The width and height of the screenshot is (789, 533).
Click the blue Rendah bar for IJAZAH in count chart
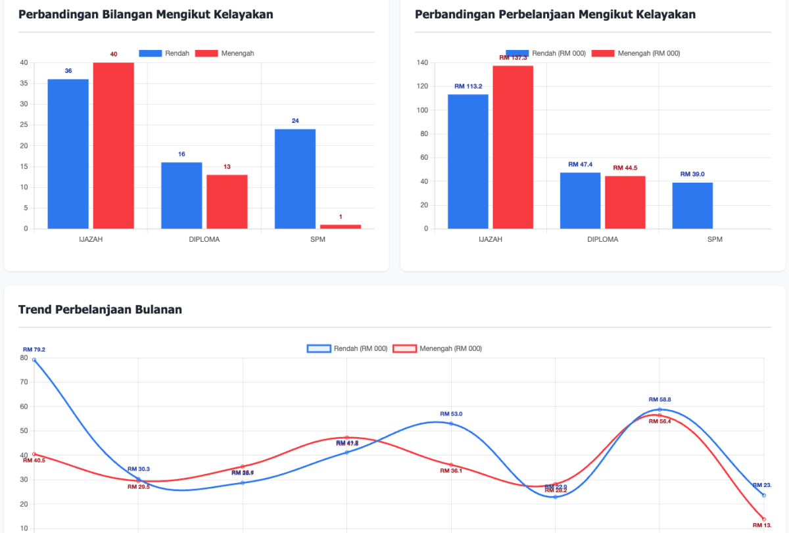coord(68,154)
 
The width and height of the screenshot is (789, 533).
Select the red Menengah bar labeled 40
coord(113,145)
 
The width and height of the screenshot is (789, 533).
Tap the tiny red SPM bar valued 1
coord(341,226)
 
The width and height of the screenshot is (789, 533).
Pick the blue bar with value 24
coord(295,179)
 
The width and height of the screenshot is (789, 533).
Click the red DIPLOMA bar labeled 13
coord(227,202)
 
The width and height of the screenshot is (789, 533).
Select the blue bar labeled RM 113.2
coord(468,162)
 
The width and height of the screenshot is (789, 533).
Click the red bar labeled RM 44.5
coord(625,202)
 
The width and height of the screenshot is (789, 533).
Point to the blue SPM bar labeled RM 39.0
coord(692,206)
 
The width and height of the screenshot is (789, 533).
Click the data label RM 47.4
coord(580,164)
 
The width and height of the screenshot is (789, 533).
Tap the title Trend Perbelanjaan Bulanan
coord(100,310)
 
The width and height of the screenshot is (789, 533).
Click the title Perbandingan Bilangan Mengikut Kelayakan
coord(145,14)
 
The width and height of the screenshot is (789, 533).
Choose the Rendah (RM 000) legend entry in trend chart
coord(348,348)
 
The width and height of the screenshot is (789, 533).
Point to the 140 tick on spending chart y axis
coord(423,63)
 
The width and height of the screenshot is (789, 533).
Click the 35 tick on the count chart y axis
coord(24,83)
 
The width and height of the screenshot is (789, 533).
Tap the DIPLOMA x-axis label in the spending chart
coord(602,239)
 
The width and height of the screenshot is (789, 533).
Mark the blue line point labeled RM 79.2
coord(34,360)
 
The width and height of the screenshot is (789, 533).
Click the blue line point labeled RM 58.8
coord(659,409)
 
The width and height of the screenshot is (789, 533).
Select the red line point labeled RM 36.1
coord(451,465)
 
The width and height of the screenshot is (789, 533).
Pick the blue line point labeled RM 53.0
coord(451,423)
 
